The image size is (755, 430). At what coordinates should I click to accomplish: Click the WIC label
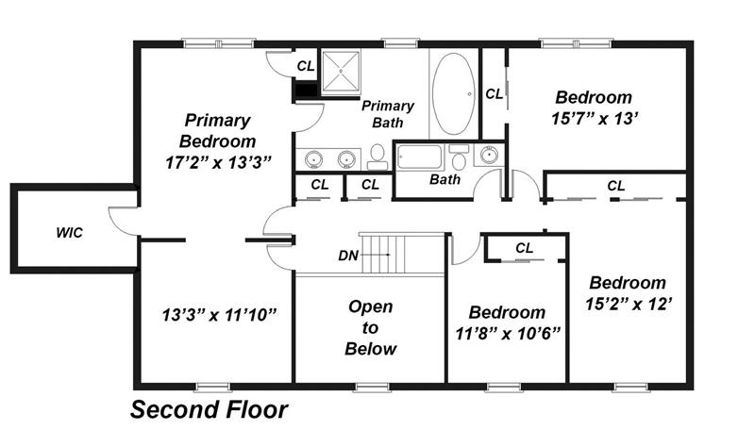(x=69, y=233)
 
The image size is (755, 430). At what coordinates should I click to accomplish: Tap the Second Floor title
(x=209, y=410)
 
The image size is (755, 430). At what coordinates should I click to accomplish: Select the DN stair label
(x=348, y=256)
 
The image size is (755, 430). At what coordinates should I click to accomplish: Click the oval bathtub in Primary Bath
(x=453, y=93)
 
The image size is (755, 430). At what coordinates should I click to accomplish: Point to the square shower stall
(x=341, y=71)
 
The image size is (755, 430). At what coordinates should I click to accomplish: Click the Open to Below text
(x=370, y=327)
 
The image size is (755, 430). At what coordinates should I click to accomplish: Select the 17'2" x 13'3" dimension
(x=218, y=162)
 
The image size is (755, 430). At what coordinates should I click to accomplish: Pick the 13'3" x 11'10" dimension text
(x=219, y=315)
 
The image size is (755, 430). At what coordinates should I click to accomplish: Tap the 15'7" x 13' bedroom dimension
(x=595, y=118)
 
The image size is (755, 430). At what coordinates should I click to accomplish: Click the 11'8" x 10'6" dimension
(x=508, y=333)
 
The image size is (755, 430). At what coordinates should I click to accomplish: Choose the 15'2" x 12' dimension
(x=629, y=304)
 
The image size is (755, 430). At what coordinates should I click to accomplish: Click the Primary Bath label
(x=388, y=114)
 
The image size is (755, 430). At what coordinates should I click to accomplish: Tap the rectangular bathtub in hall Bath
(x=419, y=157)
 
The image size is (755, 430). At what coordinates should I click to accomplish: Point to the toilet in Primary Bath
(x=377, y=157)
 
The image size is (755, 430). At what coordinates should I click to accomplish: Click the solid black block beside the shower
(x=305, y=91)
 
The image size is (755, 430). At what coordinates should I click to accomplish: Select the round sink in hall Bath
(x=489, y=155)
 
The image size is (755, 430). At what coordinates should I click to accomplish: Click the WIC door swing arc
(x=120, y=223)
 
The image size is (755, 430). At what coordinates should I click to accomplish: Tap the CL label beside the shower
(x=306, y=66)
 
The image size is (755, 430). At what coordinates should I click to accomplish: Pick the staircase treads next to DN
(x=402, y=254)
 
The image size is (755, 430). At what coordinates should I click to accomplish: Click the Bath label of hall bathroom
(x=445, y=180)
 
